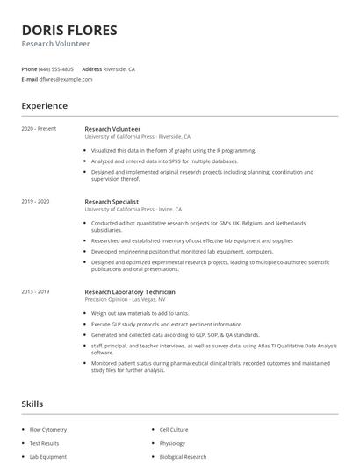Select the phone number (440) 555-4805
coord(56,68)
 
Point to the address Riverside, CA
coord(119,68)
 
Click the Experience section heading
coord(44,106)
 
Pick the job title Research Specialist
coord(113,201)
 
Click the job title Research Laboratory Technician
coord(130,291)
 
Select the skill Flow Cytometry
coord(48,430)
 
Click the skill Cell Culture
coord(174,430)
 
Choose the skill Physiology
coord(173,443)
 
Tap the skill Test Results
coord(44,443)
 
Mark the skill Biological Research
coord(184,457)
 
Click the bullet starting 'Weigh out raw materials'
coord(140,314)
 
